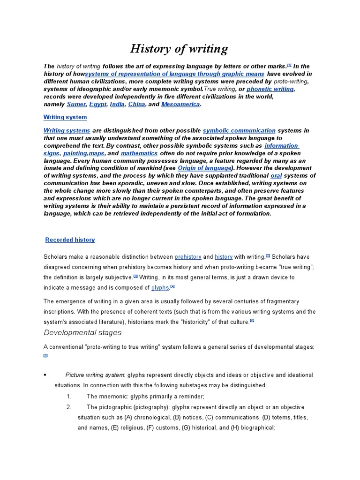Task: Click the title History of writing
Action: click(179, 49)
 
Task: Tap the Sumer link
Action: click(76, 104)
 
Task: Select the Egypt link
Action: click(97, 104)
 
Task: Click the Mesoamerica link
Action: click(180, 104)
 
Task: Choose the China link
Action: click(136, 104)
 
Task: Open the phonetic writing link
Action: click(270, 89)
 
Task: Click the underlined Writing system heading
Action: click(65, 117)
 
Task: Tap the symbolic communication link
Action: click(239, 130)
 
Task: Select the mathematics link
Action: click(139, 153)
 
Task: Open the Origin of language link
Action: click(204, 168)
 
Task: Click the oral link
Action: click(276, 176)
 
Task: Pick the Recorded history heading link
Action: click(70, 240)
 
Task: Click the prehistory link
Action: click(188, 257)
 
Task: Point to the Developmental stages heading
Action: click(82, 333)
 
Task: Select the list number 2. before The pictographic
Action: click(69, 407)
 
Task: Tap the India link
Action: click(118, 104)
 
